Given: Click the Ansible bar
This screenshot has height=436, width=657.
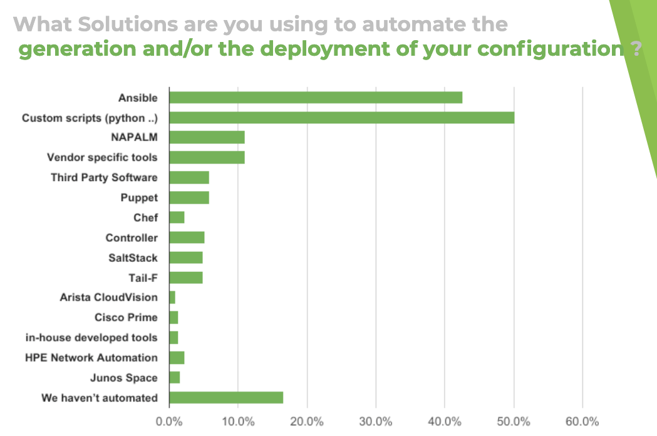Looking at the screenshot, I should [316, 97].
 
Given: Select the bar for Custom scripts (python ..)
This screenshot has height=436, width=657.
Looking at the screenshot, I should [341, 117].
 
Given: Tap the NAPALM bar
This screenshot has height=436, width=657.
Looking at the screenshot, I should [207, 137].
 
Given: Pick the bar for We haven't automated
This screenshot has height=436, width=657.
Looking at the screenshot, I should [226, 398].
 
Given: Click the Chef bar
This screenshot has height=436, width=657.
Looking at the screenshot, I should [177, 217].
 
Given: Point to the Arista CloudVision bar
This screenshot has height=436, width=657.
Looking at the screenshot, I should [172, 298].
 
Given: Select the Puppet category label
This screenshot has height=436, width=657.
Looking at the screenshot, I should [139, 198].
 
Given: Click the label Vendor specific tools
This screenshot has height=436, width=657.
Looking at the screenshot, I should [102, 157].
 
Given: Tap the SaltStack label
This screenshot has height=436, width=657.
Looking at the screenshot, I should [133, 258].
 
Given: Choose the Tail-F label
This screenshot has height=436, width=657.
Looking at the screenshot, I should [143, 278].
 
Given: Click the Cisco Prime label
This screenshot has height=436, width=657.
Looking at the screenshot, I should [126, 318].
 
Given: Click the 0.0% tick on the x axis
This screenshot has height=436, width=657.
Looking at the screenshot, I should [169, 421].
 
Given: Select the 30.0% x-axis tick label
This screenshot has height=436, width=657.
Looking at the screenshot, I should [376, 421].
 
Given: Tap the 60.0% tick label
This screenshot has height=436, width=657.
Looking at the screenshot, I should [582, 421].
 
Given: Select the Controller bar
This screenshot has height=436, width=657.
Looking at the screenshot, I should [187, 237].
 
